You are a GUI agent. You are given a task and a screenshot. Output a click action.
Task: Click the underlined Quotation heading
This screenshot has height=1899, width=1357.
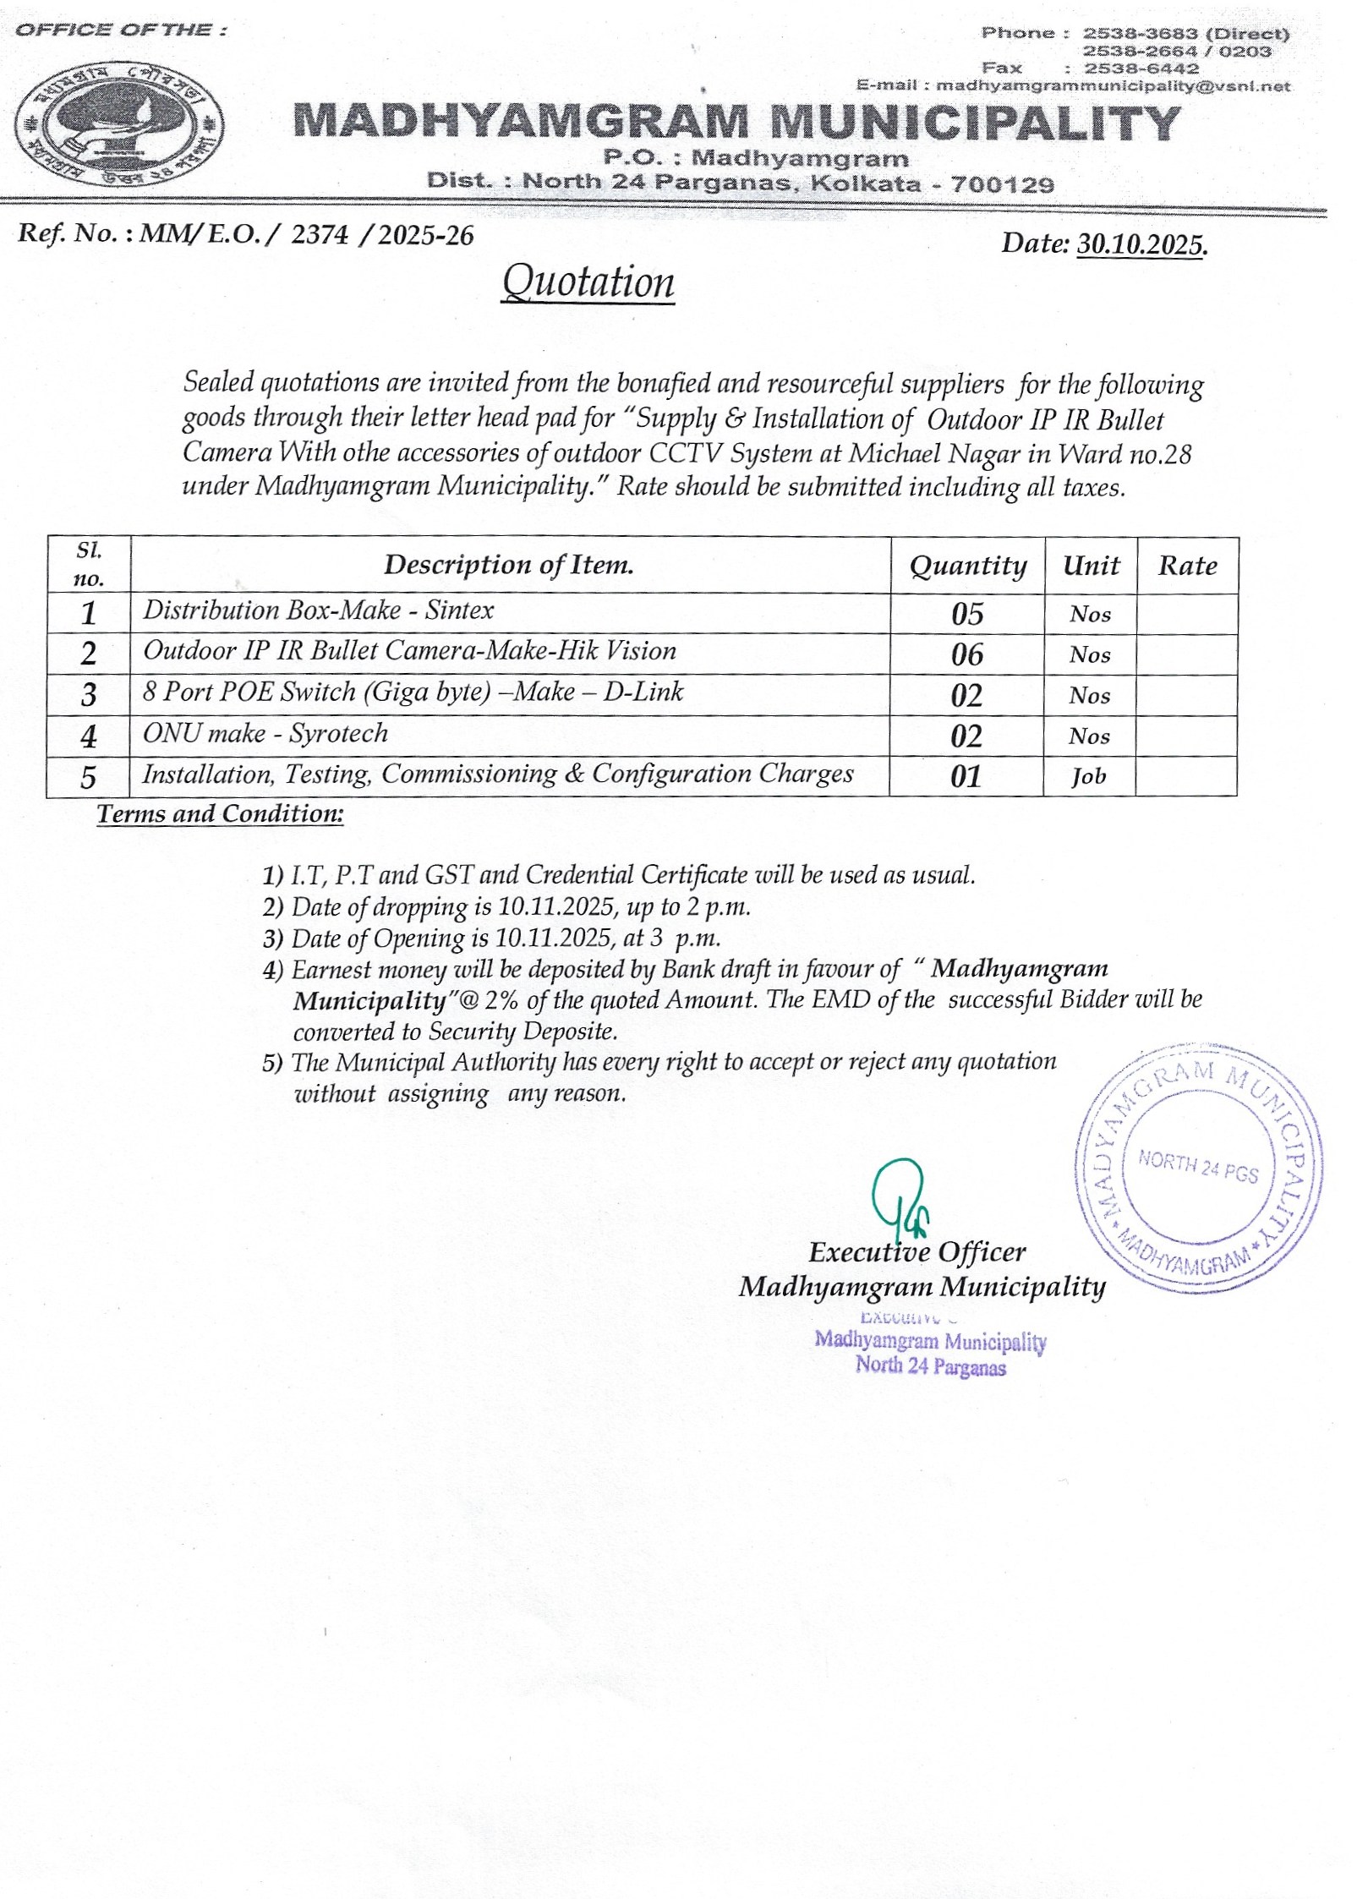(x=588, y=282)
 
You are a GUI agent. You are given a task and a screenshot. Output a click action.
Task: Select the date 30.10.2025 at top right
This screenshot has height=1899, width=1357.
(x=1141, y=245)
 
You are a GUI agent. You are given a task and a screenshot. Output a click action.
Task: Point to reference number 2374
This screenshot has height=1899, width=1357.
(x=319, y=235)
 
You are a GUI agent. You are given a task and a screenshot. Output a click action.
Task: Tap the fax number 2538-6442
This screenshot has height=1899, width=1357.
(x=1141, y=68)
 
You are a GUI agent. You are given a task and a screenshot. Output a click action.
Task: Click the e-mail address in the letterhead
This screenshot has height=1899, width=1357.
(x=1113, y=85)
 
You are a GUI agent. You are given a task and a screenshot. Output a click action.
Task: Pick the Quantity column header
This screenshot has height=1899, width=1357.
(x=967, y=566)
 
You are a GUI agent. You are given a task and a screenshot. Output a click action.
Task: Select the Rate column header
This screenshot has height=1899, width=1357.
(x=1187, y=566)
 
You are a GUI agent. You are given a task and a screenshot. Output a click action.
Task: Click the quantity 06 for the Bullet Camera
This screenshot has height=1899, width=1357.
(x=967, y=654)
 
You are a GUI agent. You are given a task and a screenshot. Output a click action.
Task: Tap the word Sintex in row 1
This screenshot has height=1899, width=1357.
(x=459, y=610)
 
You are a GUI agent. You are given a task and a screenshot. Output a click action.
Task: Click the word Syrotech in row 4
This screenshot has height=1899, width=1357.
(x=338, y=733)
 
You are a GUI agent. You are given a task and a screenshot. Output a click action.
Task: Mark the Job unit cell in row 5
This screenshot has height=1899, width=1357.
(x=1088, y=776)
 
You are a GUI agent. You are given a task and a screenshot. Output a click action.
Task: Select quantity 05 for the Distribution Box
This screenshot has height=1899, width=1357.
(x=967, y=614)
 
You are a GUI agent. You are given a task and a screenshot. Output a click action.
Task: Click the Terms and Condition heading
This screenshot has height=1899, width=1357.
(x=220, y=814)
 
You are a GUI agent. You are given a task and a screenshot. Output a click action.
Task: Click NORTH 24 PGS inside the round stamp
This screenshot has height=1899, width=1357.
(x=1197, y=1167)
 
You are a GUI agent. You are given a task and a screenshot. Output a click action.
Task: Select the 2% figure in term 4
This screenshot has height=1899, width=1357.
(x=500, y=1000)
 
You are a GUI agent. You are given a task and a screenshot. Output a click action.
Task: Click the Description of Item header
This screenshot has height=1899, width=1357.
(x=509, y=565)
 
